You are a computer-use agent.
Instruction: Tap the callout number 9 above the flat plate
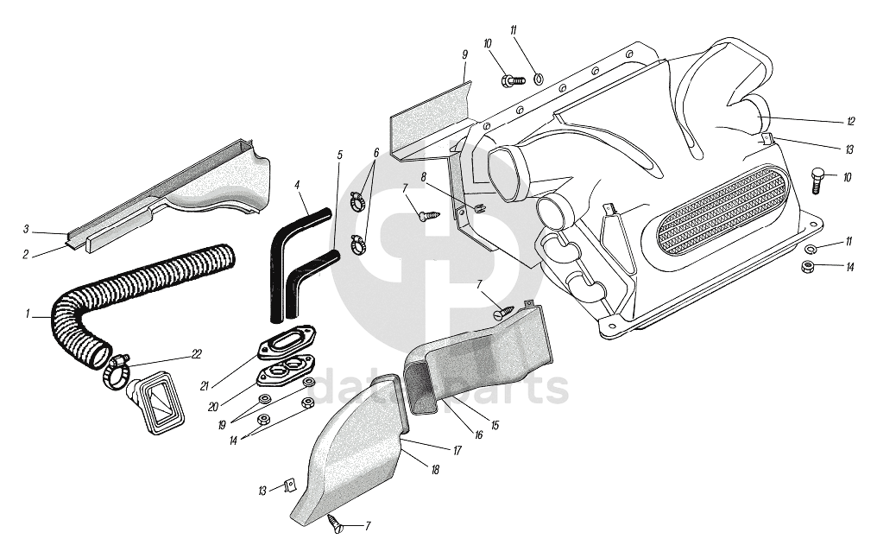[x=464, y=55]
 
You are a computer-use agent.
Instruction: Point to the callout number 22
[x=197, y=353]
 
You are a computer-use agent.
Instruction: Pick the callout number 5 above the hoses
[x=339, y=155]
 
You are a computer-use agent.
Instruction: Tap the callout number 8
[x=424, y=177]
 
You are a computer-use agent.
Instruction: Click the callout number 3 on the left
[x=27, y=229]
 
